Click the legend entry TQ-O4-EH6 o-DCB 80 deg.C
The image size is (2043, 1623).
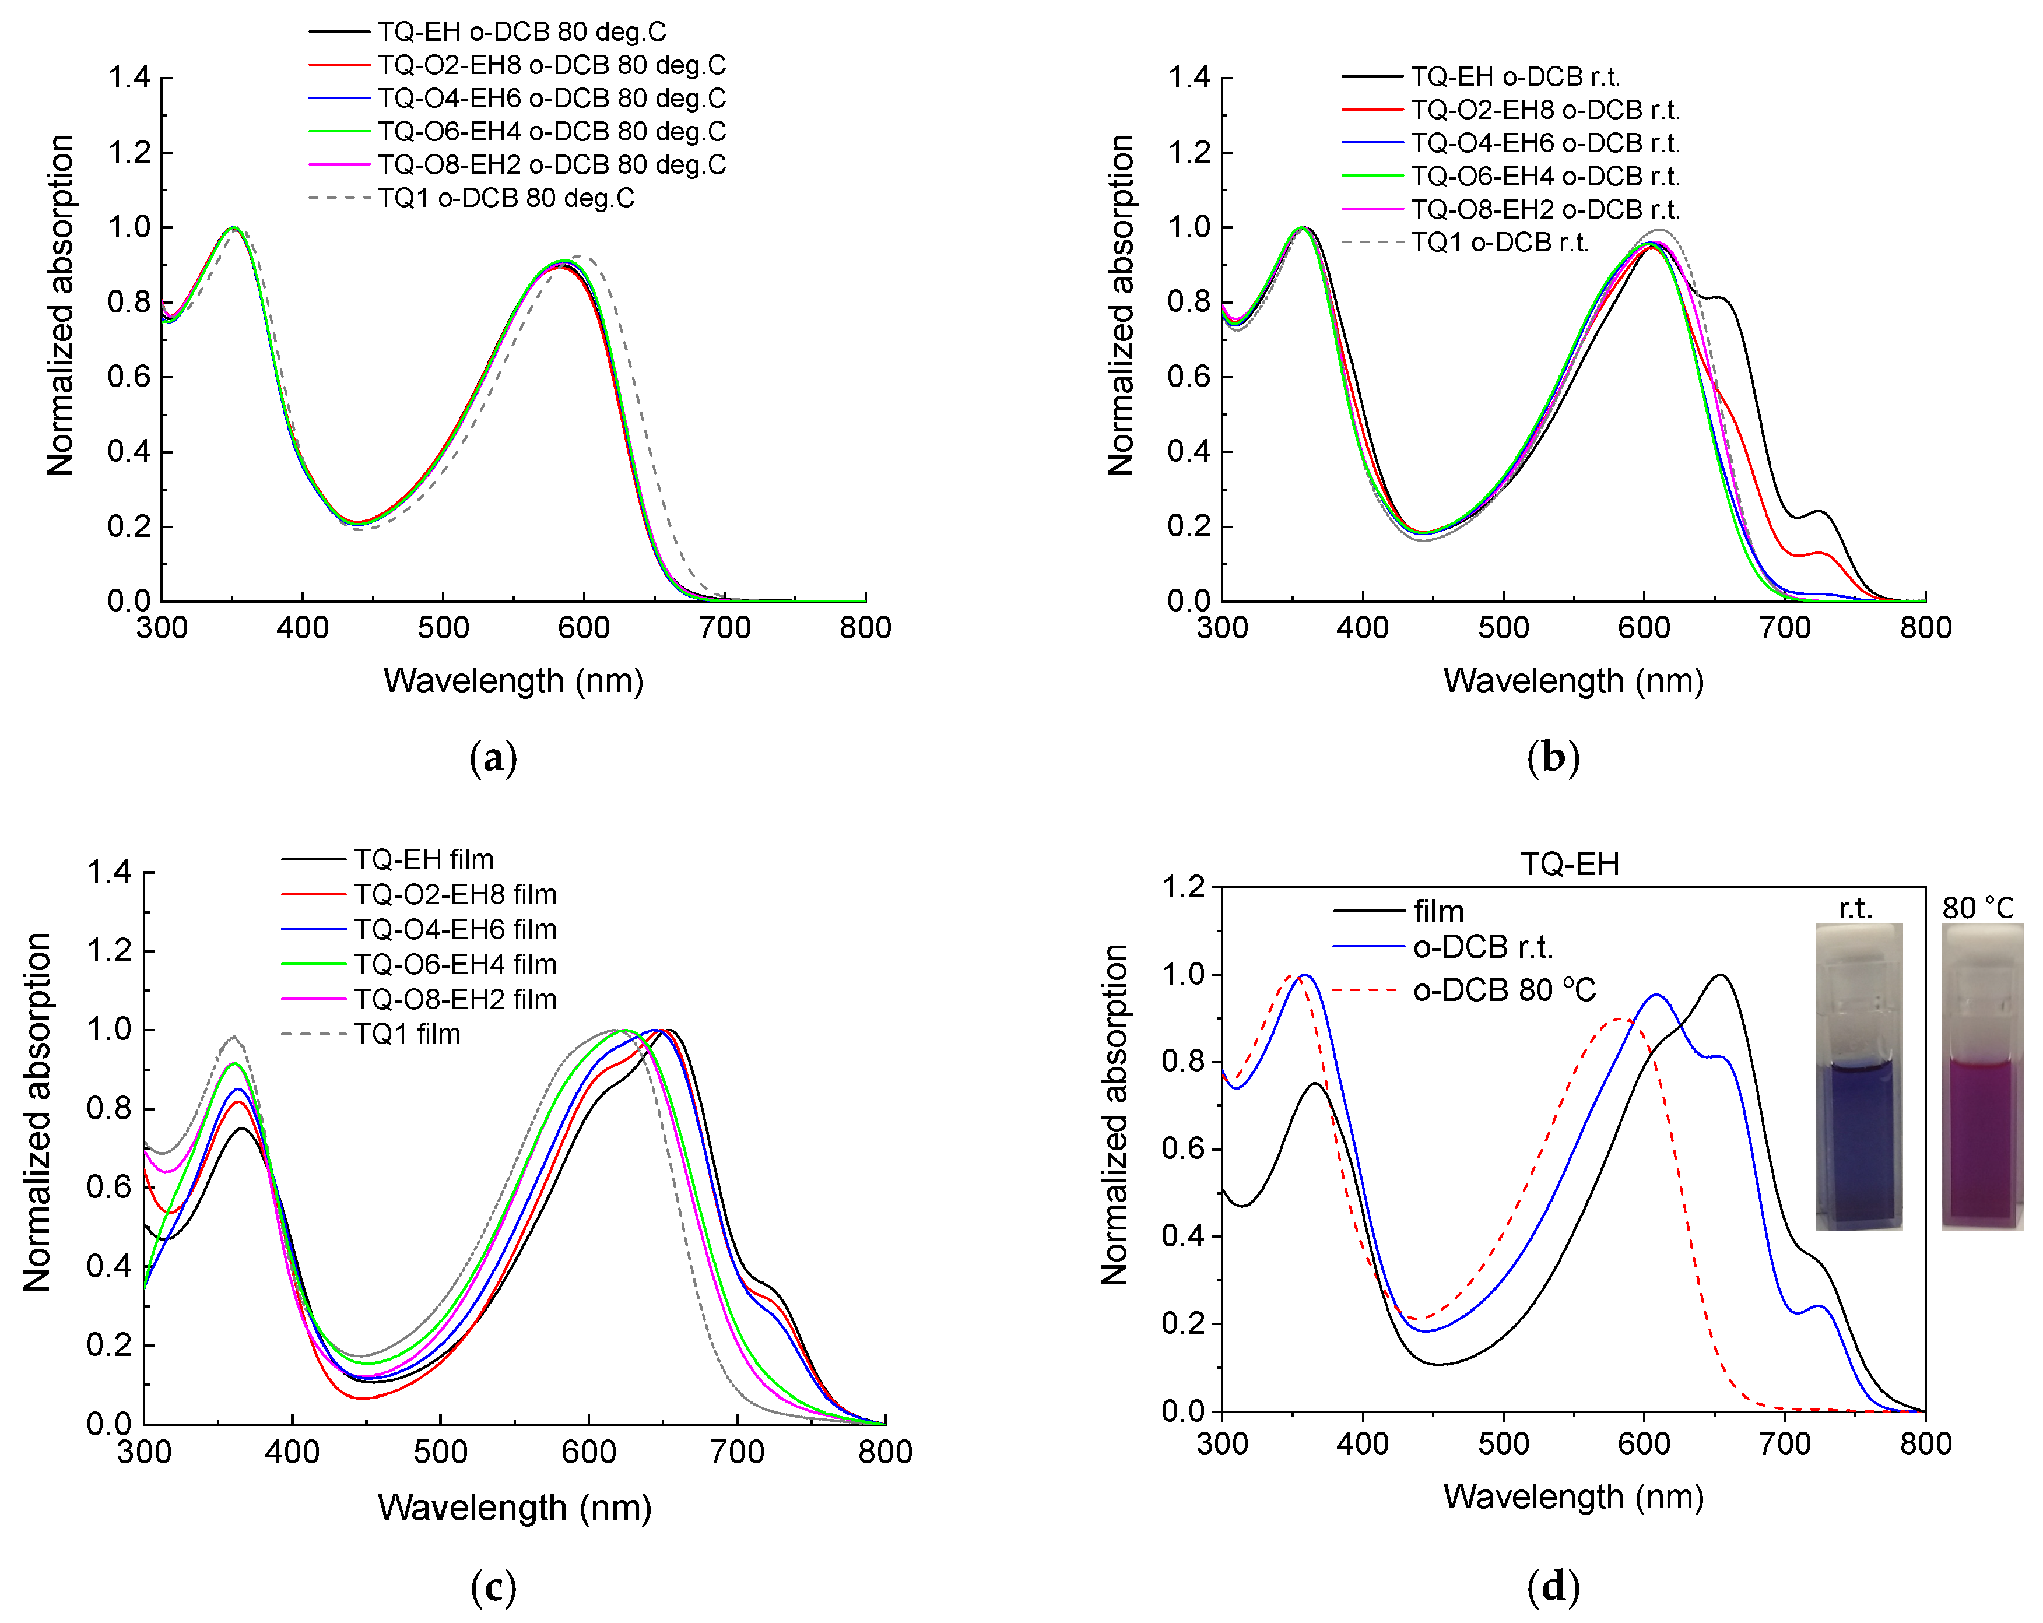[x=517, y=99]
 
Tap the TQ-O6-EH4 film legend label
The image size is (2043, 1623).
[x=419, y=964]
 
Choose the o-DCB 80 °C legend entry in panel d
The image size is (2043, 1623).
[x=1464, y=990]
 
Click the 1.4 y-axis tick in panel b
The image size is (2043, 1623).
[x=1190, y=77]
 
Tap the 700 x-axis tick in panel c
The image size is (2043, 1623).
[x=737, y=1452]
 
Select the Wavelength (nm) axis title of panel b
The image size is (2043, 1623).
[x=1573, y=680]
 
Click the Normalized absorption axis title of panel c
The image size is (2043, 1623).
[x=36, y=1112]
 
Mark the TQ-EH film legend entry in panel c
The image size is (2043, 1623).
[x=388, y=859]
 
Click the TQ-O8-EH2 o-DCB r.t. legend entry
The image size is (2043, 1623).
[x=1511, y=209]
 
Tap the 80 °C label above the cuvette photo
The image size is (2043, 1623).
[x=1978, y=908]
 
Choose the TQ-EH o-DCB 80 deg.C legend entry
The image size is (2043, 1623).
[x=487, y=32]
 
